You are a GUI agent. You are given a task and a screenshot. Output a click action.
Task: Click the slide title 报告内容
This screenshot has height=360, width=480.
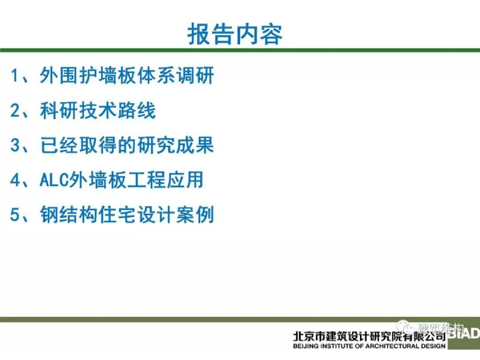234,34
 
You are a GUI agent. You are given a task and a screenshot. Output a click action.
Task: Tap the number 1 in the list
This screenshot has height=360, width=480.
15,75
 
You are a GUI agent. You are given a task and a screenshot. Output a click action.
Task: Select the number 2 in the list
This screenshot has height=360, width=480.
15,110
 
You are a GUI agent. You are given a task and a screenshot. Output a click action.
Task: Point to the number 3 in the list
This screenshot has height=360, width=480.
15,145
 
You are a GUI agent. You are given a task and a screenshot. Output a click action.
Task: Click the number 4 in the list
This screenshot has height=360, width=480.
15,180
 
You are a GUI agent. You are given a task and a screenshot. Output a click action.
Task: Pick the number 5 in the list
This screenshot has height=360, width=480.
15,215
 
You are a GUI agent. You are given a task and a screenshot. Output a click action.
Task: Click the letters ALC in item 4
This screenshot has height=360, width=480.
54,180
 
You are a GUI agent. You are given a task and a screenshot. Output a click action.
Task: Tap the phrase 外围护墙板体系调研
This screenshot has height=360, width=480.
127,75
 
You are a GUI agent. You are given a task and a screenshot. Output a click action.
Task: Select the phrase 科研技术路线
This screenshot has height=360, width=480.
97,110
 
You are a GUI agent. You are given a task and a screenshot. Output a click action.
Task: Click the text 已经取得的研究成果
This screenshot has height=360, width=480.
127,145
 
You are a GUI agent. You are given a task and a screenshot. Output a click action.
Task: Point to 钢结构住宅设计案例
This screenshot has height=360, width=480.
127,215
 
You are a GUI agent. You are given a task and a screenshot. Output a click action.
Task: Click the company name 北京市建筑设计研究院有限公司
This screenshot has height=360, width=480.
369,337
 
